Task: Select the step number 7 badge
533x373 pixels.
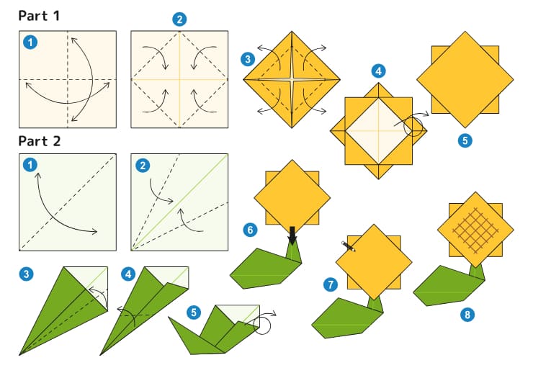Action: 331,285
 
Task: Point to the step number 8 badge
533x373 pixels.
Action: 469,314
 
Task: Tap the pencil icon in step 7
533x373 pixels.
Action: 349,246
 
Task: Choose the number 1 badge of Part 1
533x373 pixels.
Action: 30,42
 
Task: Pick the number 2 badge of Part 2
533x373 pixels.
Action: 143,166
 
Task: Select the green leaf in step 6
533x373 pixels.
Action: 263,268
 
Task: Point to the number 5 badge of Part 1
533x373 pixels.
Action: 465,140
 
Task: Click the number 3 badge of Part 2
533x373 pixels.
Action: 27,274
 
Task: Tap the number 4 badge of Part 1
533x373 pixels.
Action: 378,71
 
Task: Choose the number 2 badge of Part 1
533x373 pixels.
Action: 179,19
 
